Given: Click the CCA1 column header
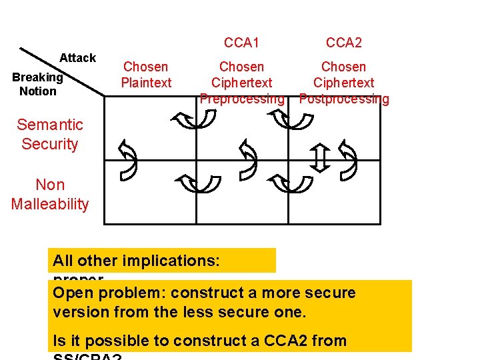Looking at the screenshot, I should tap(241, 43).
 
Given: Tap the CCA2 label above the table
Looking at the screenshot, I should tap(343, 43).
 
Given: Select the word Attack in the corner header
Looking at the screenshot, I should tap(77, 58).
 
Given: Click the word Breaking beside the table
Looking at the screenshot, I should tap(37, 77).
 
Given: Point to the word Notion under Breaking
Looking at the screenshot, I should tap(38, 91).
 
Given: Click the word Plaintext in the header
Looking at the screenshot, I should tap(146, 83).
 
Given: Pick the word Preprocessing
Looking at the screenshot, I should tap(242, 99).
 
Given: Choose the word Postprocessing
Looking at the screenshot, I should tap(344, 99).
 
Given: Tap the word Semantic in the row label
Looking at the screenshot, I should tap(50, 125).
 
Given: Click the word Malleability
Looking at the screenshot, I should tap(50, 205).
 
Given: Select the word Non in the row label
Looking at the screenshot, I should tap(50, 185).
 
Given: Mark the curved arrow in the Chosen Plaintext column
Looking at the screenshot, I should tap(126, 160).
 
